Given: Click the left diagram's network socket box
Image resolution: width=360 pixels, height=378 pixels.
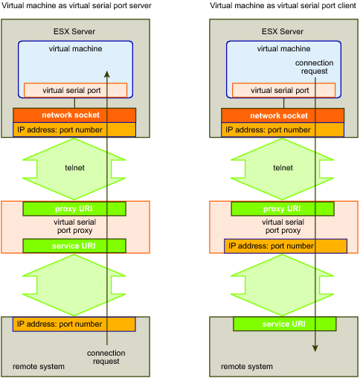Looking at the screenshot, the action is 74,115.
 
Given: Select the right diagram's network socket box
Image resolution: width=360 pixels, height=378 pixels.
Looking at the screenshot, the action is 283,115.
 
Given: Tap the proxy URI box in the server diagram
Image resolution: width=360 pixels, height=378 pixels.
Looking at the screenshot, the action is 74,208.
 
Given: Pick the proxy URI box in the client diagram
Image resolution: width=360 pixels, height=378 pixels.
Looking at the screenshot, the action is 283,208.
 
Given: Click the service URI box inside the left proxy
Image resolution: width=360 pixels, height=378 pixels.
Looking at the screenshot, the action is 74,246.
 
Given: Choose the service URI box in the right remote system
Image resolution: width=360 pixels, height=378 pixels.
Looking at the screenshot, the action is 285,324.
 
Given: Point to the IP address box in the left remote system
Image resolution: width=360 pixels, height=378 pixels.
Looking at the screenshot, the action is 74,324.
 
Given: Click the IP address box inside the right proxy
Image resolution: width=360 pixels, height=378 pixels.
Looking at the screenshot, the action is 286,246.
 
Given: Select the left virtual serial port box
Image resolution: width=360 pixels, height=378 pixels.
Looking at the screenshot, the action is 75,90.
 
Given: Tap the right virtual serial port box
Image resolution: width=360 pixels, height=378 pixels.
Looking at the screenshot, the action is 283,90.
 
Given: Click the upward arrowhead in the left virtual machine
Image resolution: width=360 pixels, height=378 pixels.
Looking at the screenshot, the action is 107,74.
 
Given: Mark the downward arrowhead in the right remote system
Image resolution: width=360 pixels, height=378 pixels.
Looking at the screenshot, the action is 315,348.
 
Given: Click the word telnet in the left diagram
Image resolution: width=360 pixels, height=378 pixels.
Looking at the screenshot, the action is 74,167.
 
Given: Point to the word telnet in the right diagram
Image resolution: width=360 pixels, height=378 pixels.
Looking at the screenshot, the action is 283,167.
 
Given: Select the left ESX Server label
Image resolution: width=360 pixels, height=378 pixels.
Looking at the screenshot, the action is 74,31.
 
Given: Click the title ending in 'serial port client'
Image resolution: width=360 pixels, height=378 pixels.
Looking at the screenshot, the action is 283,5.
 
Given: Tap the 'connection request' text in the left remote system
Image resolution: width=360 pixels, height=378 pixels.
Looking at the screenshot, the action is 106,357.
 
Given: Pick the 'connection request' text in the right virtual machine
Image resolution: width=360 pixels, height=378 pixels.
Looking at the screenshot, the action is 315,67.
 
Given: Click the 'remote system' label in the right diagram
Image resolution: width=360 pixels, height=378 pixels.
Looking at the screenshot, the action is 247,366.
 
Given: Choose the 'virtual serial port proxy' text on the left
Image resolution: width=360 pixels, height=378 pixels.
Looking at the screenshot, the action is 74,226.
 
